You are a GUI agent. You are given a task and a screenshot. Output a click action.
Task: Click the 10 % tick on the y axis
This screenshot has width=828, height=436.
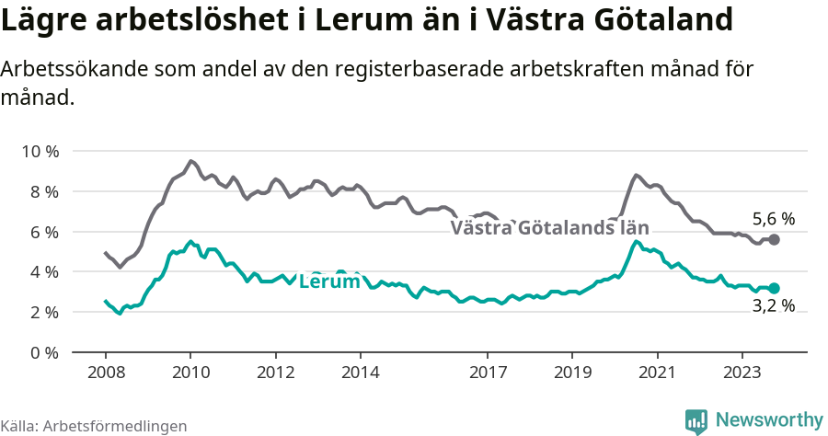(x=38, y=151)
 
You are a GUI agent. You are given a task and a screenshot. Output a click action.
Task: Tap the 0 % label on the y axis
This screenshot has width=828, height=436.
(x=41, y=353)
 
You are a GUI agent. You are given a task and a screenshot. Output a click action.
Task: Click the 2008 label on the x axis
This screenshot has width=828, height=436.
(x=105, y=373)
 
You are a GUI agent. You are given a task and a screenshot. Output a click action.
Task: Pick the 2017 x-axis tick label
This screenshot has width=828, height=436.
(x=487, y=373)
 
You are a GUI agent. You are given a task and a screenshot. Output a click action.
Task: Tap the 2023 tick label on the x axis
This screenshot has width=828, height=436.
(x=742, y=373)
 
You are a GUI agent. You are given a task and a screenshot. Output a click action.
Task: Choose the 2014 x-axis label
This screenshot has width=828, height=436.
(x=360, y=373)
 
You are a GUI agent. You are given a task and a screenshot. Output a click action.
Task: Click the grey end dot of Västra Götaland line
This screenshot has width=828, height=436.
(x=774, y=239)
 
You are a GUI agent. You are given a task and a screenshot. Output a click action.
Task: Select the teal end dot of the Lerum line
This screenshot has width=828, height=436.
(x=774, y=288)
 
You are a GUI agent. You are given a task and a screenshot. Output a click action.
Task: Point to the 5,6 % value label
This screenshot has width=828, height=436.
(x=773, y=219)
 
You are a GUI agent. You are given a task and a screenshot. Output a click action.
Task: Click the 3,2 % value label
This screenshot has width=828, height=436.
(x=773, y=306)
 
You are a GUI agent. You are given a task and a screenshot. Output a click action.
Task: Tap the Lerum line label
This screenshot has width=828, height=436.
(x=329, y=281)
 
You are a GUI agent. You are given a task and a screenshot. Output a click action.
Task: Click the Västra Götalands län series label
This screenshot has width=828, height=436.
(x=549, y=228)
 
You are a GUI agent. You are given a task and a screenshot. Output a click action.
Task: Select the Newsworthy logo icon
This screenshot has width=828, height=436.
(x=696, y=420)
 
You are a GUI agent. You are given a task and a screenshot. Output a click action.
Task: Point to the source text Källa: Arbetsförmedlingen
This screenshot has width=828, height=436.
(x=94, y=426)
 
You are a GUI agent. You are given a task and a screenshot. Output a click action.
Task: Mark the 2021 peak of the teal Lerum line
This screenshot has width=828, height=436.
(x=636, y=241)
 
